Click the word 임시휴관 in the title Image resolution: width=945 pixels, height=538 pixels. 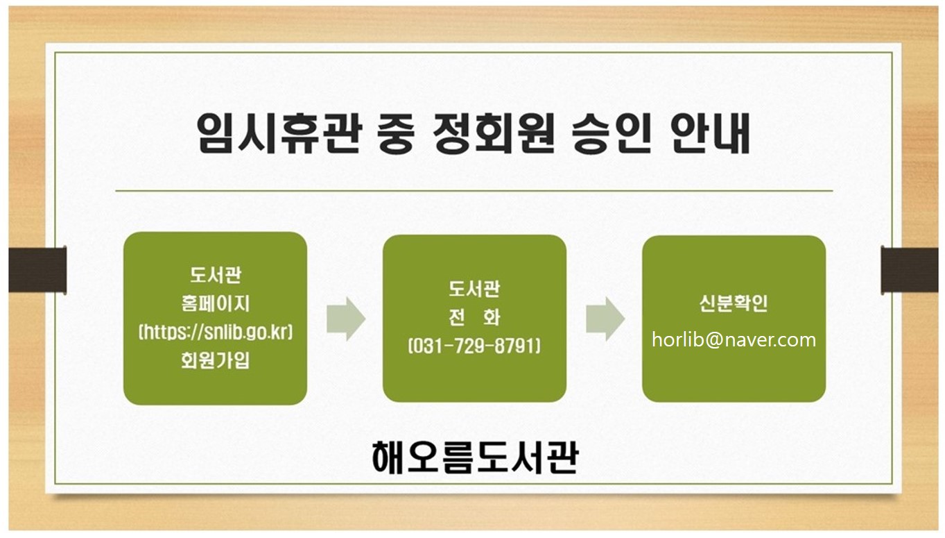pos(279,133)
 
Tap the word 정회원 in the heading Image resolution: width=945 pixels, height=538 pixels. pos(494,133)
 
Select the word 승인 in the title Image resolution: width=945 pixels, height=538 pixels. pos(612,133)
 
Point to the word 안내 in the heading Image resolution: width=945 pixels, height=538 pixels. pos(711,133)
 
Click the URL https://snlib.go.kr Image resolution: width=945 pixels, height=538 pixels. pos(216,332)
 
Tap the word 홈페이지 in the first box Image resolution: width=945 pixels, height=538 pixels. pos(215,303)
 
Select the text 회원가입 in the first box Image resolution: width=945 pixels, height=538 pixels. pos(215,360)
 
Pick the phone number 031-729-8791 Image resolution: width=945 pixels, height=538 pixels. pos(474,346)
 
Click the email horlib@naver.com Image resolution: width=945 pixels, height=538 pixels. pos(734,340)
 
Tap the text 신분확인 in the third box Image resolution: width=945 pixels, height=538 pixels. pos(734,303)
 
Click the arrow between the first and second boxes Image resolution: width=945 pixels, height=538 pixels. pos(346,319)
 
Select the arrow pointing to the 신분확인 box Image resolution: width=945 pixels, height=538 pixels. pos(605,319)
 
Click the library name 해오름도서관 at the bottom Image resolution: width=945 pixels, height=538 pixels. pos(475,457)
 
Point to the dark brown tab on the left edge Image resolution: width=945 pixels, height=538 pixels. pos(37,269)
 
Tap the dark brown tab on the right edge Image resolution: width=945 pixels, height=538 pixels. pos(910,270)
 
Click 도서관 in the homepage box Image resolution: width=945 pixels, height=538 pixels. pos(215,275)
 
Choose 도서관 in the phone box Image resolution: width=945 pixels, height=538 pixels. pos(474,289)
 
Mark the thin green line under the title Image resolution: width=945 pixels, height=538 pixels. pos(474,191)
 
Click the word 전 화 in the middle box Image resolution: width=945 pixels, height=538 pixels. pos(474,317)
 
